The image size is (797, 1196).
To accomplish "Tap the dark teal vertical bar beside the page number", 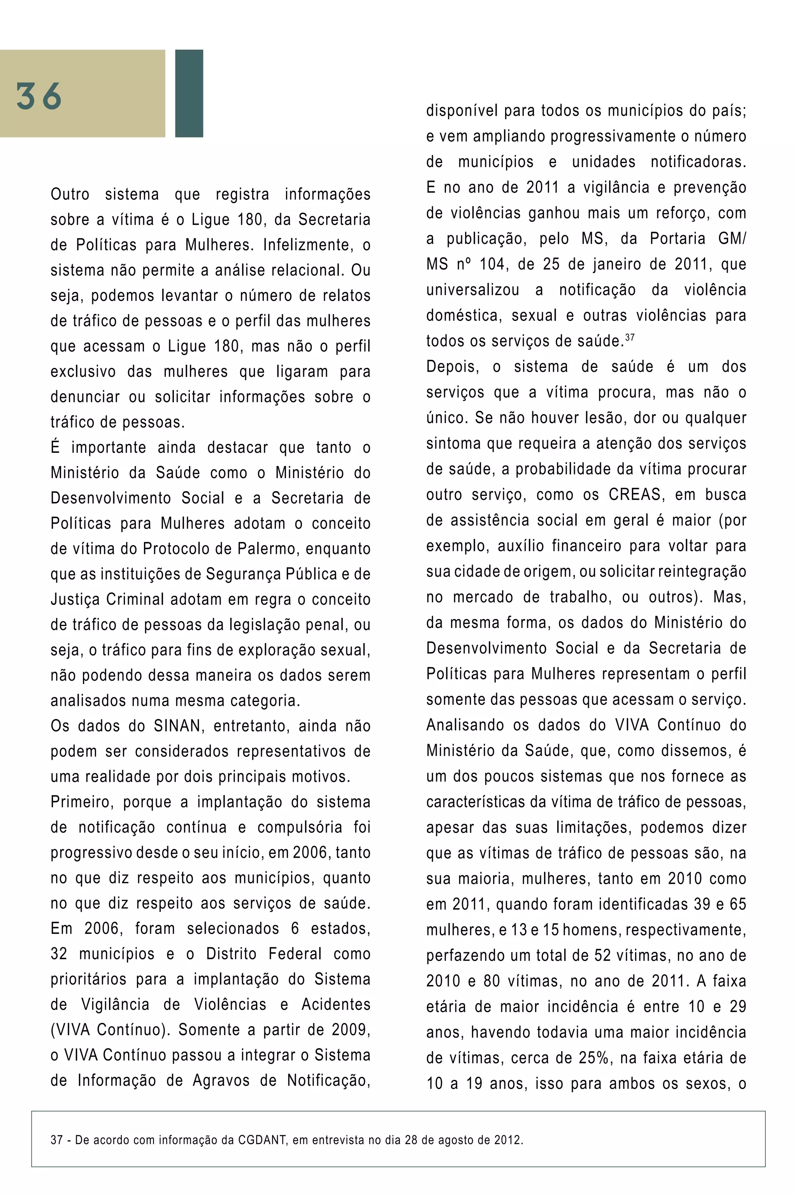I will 189,93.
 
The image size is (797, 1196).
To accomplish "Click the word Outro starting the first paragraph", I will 70,194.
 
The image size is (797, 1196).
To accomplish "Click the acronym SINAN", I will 178,726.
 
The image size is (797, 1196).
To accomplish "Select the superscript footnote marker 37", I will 630,337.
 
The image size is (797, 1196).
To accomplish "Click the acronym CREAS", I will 634,495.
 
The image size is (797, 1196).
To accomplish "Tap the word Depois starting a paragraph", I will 452,367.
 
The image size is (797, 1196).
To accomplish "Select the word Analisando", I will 465,725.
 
